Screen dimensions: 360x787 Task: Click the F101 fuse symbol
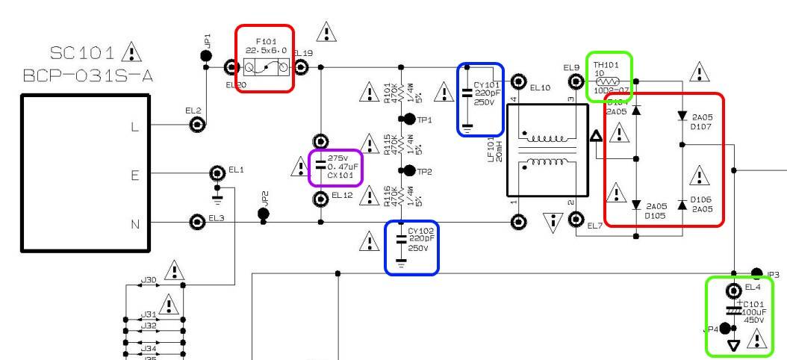click(266, 68)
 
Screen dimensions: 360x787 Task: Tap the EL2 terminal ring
click(197, 125)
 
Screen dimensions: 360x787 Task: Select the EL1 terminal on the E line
click(217, 173)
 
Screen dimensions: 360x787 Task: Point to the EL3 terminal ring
click(198, 222)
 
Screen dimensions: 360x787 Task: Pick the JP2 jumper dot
click(264, 214)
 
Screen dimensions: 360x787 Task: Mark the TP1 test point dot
click(409, 119)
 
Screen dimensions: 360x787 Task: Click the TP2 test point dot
click(409, 171)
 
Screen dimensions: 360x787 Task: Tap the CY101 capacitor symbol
click(467, 93)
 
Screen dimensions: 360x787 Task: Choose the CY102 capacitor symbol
click(401, 240)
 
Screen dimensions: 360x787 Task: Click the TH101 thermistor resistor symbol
click(610, 81)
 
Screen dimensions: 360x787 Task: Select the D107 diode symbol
click(682, 117)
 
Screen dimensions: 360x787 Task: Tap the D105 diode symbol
click(636, 205)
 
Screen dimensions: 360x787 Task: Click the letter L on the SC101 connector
click(134, 126)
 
